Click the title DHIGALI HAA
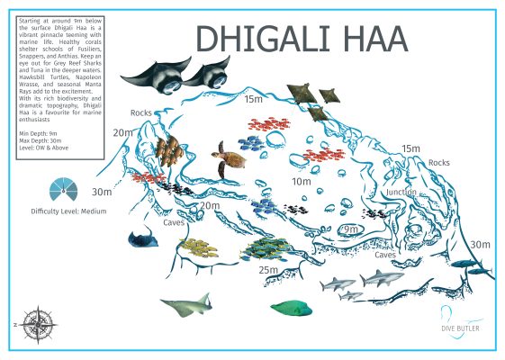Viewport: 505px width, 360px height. point(302,39)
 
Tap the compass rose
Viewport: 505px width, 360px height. point(38,321)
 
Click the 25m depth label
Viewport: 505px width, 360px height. point(268,269)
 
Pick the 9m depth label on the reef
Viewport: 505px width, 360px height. point(350,230)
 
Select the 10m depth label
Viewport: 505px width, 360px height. point(301,182)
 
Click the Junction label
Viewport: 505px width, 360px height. point(401,193)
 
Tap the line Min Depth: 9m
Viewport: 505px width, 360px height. point(39,132)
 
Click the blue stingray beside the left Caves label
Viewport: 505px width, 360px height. point(142,239)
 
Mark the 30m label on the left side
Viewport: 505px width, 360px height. point(102,191)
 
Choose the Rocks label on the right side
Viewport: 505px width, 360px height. point(439,163)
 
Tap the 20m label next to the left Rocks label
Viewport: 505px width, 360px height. point(122,132)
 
